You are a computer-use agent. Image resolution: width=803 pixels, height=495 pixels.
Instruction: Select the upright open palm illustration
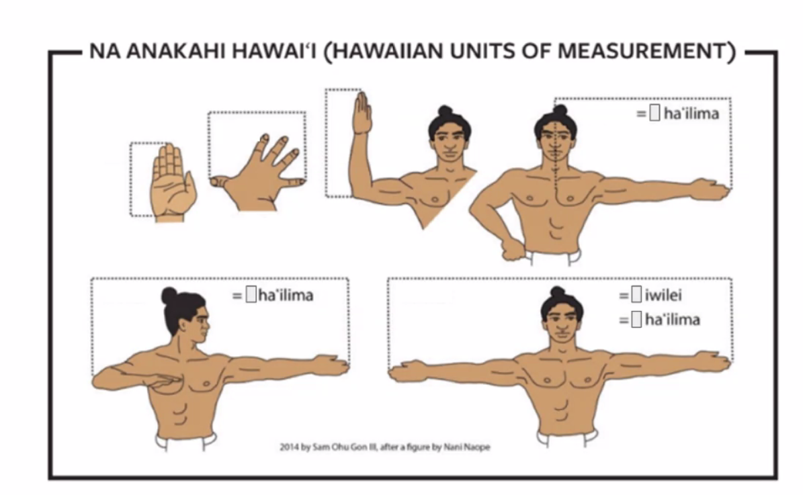tap(173, 182)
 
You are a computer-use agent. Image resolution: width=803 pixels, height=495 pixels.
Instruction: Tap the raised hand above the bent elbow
tap(362, 113)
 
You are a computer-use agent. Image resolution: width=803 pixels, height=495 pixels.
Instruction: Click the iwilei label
tap(663, 296)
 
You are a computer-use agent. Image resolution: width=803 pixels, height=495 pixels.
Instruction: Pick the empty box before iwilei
tap(636, 295)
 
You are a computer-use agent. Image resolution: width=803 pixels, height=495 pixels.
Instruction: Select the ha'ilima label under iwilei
tap(673, 320)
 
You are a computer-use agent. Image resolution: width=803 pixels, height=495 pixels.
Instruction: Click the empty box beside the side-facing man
tap(251, 295)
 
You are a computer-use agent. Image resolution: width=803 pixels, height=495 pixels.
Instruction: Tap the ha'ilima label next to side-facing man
tap(286, 296)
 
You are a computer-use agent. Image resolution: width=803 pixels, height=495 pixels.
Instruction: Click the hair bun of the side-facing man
tap(169, 296)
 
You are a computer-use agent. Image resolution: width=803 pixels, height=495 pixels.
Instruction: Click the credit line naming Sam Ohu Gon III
tap(384, 447)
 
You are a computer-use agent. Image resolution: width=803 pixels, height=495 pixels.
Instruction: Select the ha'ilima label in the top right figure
tap(691, 114)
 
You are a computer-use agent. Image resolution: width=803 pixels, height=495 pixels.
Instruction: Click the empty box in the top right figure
tap(654, 113)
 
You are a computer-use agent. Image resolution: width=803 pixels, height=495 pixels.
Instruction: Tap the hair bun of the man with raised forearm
tap(445, 111)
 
